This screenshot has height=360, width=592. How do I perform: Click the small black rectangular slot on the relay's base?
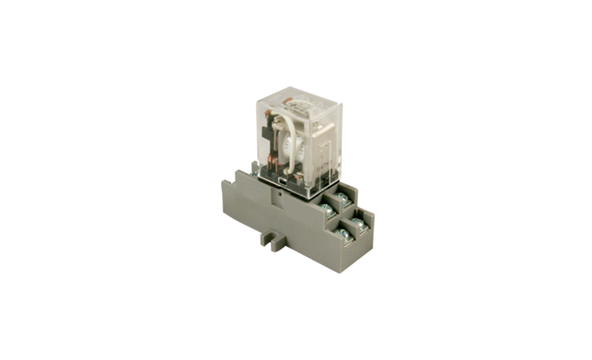click(281, 181)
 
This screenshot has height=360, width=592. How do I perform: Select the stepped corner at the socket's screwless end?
click(234, 182)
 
